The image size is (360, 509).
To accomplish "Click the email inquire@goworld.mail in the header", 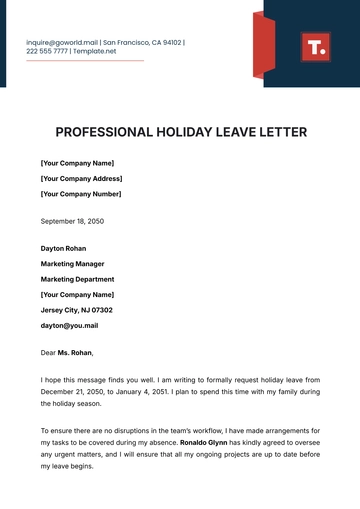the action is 63,43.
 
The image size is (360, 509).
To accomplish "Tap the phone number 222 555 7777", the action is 47,51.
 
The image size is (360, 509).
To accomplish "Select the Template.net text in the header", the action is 95,51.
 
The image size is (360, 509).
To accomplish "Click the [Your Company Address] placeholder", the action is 82,178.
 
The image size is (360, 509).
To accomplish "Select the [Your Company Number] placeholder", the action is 81,194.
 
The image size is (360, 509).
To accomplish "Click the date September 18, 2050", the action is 72,221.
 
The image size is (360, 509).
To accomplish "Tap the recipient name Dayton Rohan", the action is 63,248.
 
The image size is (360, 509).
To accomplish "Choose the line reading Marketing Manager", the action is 73,264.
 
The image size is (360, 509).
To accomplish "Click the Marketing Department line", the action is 77,280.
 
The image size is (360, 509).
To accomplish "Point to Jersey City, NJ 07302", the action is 76,311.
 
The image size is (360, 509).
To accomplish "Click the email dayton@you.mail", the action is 70,326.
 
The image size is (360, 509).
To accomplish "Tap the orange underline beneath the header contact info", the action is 85,61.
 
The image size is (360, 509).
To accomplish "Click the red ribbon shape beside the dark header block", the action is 263,45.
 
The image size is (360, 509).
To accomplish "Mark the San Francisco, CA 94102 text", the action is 144,43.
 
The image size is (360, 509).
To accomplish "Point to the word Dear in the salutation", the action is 48,353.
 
